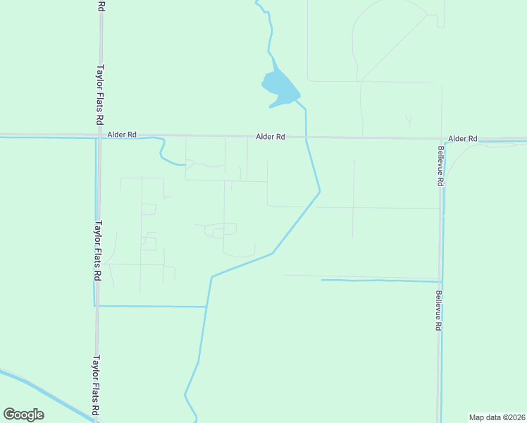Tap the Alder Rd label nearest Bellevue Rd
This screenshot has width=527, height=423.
[463, 139]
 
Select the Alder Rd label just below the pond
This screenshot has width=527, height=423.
[271, 137]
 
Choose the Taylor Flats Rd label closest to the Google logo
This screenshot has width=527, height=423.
[96, 384]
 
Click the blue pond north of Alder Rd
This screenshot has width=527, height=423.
[279, 88]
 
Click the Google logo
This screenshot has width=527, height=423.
[24, 415]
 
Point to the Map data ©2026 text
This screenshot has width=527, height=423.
[497, 417]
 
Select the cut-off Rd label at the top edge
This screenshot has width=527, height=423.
[101, 6]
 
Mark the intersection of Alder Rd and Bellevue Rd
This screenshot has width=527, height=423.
[442, 139]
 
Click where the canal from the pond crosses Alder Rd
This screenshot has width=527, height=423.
[306, 137]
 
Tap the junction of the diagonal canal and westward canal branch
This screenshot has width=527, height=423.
[206, 307]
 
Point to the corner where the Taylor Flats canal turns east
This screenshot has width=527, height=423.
[95, 305]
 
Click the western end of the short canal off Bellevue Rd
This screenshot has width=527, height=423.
[323, 280]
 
